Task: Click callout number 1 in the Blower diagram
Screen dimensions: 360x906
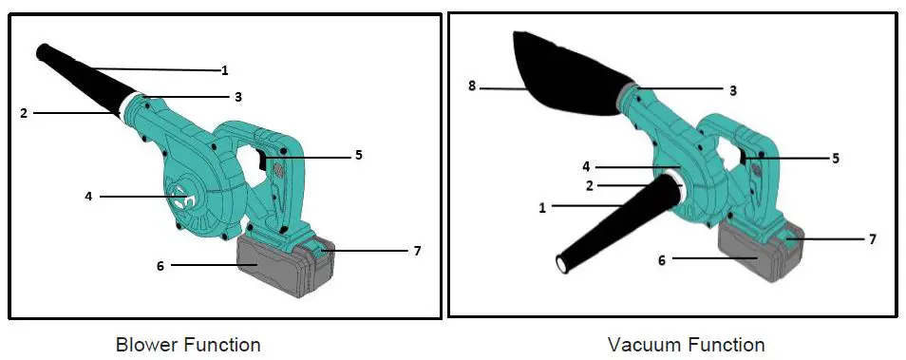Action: [224, 69]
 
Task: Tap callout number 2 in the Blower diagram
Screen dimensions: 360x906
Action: [24, 113]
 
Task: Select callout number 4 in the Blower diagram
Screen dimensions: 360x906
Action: [88, 197]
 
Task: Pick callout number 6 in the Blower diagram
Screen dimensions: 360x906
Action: [160, 267]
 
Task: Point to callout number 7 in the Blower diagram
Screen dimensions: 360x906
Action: [417, 251]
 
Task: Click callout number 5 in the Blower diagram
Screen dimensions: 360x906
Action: [358, 154]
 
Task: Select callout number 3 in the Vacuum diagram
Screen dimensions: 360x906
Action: [732, 90]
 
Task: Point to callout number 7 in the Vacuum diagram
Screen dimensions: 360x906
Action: [872, 239]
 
